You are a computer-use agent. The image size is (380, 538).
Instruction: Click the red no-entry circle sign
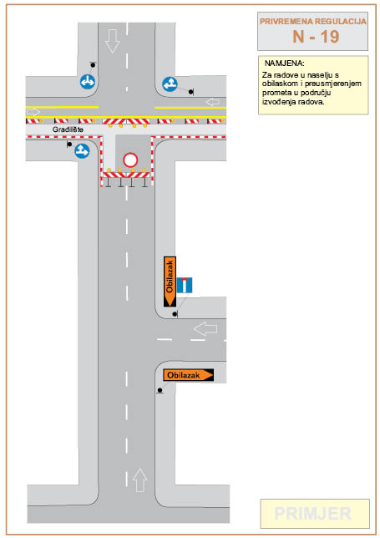click(x=130, y=160)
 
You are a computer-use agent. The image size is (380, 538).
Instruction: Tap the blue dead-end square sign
click(x=185, y=285)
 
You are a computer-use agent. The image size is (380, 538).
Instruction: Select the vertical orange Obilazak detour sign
click(x=170, y=282)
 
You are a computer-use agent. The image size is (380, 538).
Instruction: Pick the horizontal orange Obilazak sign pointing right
click(x=188, y=375)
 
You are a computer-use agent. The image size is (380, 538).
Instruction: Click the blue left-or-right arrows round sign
click(x=88, y=82)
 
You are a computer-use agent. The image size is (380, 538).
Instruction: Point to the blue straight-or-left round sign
click(x=170, y=84)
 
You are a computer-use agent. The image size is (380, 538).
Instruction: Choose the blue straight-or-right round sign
click(x=83, y=150)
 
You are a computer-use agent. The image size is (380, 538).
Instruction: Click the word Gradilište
click(x=68, y=129)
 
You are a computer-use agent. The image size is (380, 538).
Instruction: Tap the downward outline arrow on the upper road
click(x=113, y=41)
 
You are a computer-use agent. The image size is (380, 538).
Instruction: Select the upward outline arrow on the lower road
click(x=139, y=480)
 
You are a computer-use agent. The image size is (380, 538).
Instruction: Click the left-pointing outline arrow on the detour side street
click(x=205, y=328)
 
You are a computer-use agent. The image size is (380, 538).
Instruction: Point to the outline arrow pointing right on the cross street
click(x=33, y=112)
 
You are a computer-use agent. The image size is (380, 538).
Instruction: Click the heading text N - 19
click(x=316, y=37)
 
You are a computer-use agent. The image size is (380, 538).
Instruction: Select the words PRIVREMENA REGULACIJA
click(x=313, y=21)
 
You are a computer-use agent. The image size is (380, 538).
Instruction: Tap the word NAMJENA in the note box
click(x=284, y=63)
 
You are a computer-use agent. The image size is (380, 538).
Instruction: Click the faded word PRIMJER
click(x=313, y=514)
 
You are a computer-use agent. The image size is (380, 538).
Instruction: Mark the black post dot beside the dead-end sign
click(x=175, y=314)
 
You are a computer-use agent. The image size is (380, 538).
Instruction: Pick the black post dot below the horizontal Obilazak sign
click(x=160, y=390)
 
